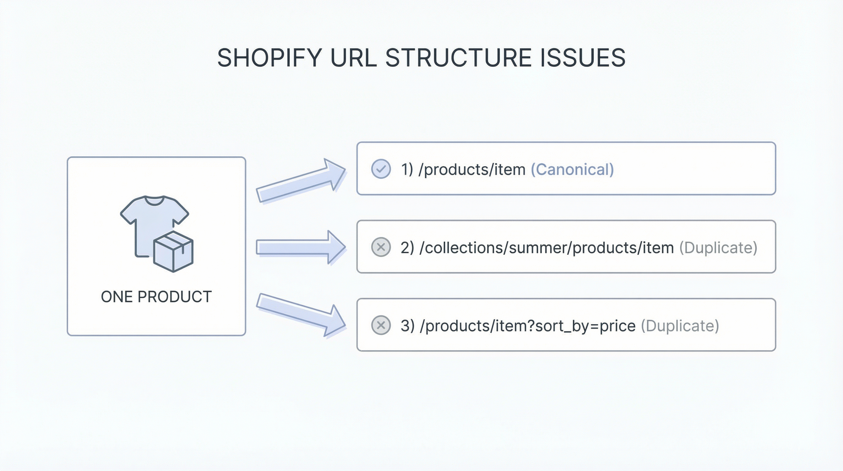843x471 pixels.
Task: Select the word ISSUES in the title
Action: (583, 58)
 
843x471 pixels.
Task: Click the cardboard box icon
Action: (173, 251)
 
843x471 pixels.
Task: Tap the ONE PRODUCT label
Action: (157, 297)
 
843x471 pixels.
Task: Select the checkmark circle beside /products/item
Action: (381, 169)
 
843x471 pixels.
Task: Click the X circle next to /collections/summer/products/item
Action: (381, 247)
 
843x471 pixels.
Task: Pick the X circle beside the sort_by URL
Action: (381, 325)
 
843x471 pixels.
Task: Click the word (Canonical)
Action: (572, 170)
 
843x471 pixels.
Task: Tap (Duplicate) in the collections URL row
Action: (718, 248)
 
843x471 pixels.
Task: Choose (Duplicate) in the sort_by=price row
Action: (680, 326)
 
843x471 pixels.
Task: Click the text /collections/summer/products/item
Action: (546, 248)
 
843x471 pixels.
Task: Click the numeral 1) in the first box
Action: (407, 170)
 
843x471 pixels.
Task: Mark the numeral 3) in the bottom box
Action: (407, 326)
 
